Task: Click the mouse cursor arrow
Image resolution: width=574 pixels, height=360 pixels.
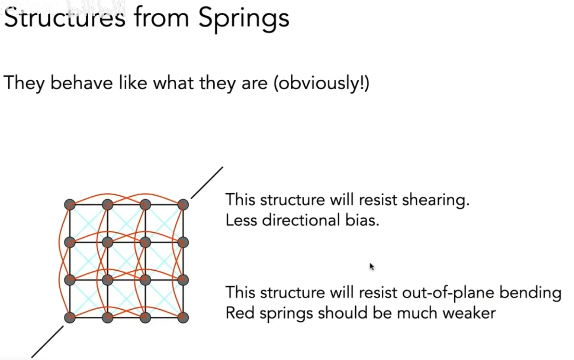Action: point(371,267)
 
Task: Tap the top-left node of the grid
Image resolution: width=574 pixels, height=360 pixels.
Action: point(70,205)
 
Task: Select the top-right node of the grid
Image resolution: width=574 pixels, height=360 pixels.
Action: point(183,205)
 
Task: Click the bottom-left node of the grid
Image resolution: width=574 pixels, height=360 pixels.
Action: point(70,318)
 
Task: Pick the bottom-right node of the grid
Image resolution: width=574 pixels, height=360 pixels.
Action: point(183,318)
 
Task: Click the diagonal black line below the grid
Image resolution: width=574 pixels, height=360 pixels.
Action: point(47,341)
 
